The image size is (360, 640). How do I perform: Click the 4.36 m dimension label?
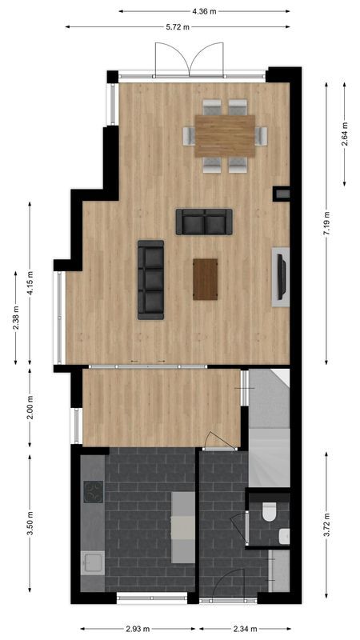204,11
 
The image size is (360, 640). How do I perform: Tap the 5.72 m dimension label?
177,27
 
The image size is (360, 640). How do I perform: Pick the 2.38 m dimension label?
15,318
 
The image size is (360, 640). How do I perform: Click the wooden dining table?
225,136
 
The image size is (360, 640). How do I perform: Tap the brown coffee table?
206,279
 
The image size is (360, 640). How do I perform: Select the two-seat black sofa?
204,222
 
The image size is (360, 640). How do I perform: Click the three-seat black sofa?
150,279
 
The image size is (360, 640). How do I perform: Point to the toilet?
270,510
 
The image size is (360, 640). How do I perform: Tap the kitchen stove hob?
94,491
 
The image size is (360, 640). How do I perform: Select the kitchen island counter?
182,526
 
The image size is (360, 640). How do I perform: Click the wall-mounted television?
280,276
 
